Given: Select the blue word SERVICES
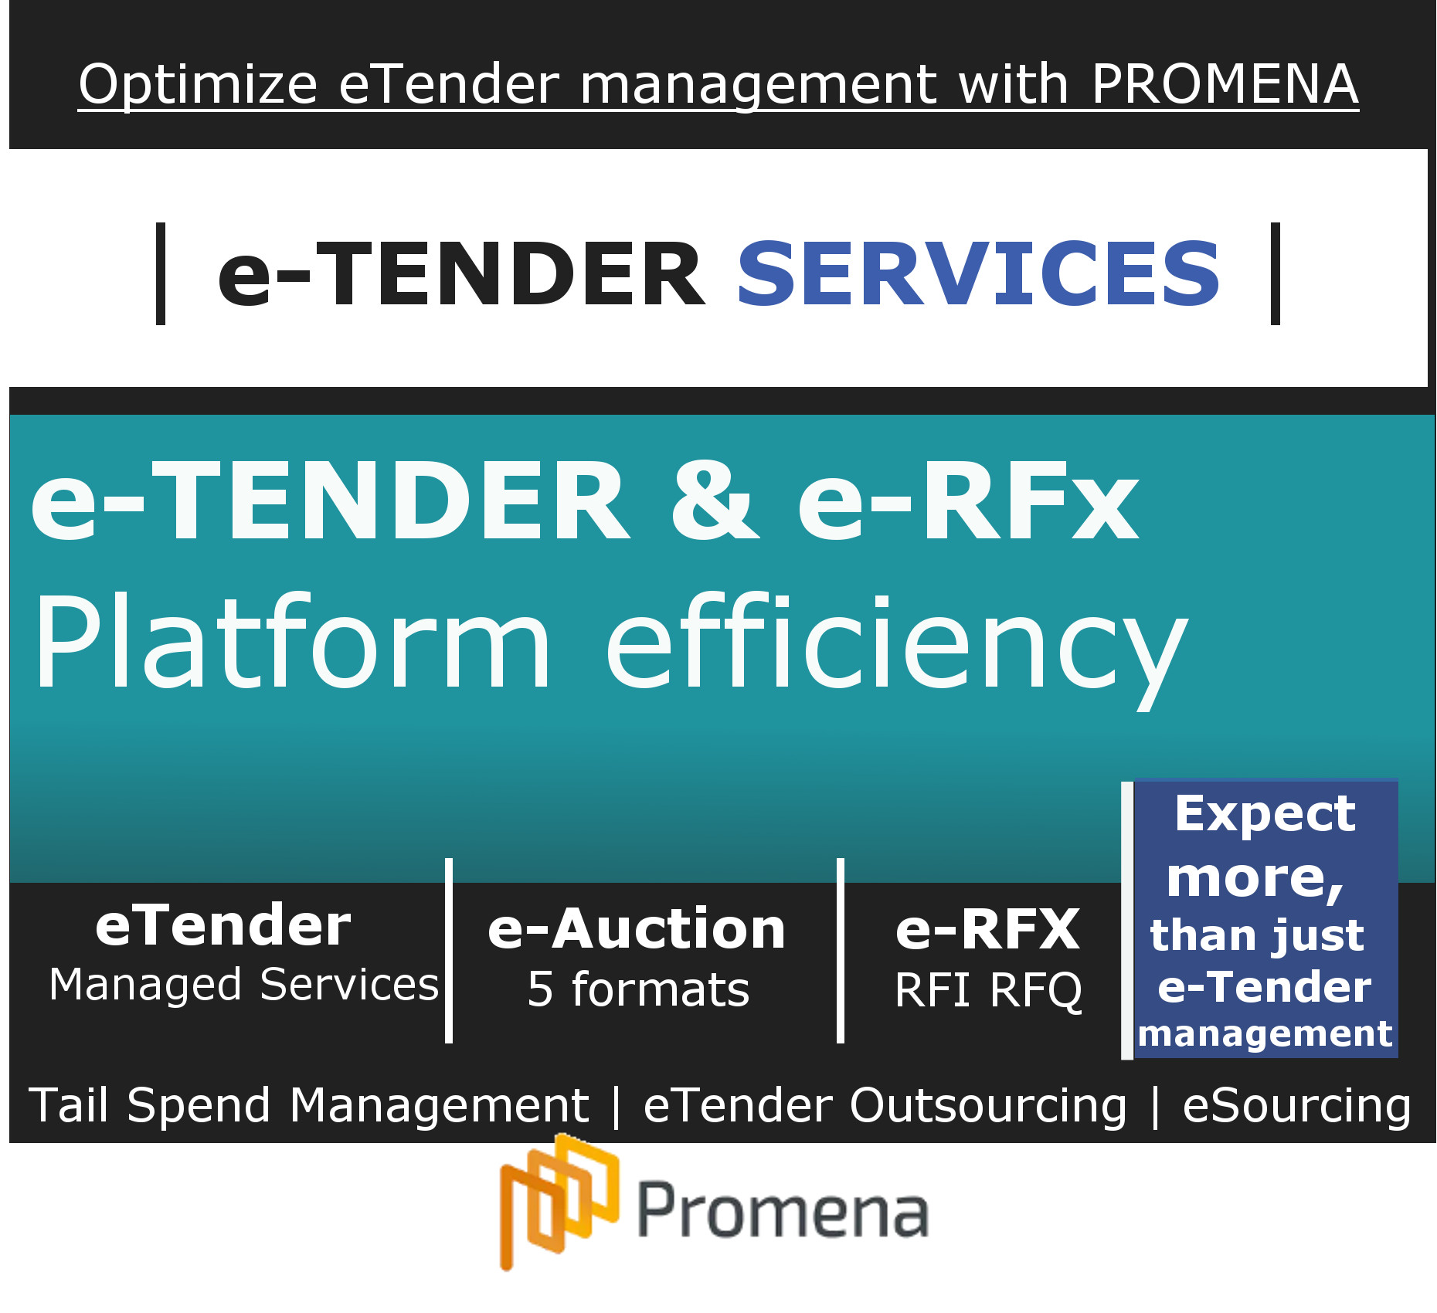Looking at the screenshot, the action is pos(979,273).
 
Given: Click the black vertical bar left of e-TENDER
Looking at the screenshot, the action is pos(161,273).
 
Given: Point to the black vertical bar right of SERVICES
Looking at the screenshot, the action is pos(1276,273).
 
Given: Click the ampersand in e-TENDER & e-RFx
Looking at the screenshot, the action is pos(715,500).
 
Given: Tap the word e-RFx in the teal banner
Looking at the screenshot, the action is pos(969,500).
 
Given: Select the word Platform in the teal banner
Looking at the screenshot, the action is pos(292,640).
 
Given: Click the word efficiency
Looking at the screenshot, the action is pos(896,648).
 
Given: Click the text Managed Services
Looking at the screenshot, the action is pos(244,985).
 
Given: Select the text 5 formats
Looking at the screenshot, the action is pos(639,989).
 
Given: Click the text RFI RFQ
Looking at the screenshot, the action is pos(988,990).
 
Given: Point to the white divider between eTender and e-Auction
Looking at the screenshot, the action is pos(449,951).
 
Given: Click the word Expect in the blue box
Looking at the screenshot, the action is pos(1265,815).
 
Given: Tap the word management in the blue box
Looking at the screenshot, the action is pos(1265,1034).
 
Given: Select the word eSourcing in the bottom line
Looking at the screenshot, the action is pos(1296,1106).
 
